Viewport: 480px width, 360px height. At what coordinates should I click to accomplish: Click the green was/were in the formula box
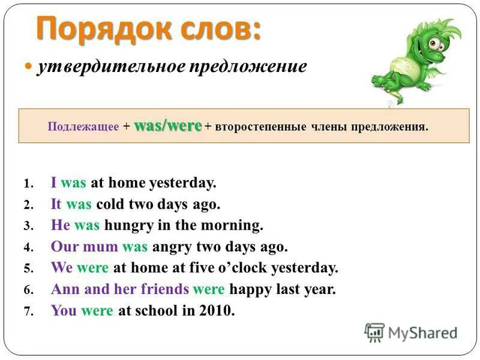click(167, 126)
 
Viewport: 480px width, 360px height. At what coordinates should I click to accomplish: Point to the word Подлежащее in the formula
click(83, 127)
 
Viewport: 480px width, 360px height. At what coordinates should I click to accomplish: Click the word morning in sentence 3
click(233, 225)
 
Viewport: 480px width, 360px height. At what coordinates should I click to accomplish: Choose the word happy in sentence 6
click(249, 289)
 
